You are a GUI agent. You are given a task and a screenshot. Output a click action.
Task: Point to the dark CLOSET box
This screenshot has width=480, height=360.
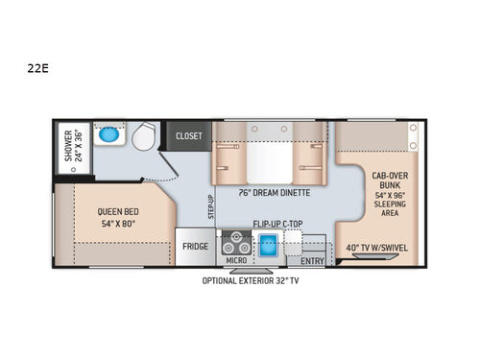(188, 136)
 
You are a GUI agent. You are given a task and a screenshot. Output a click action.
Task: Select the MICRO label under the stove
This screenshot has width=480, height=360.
(235, 260)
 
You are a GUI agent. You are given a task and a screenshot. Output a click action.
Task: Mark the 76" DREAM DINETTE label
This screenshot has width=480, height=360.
(274, 189)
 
